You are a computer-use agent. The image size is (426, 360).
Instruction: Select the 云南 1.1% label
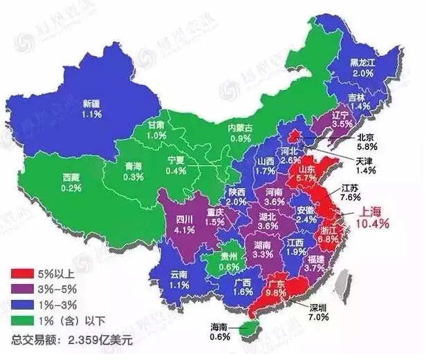179,278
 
